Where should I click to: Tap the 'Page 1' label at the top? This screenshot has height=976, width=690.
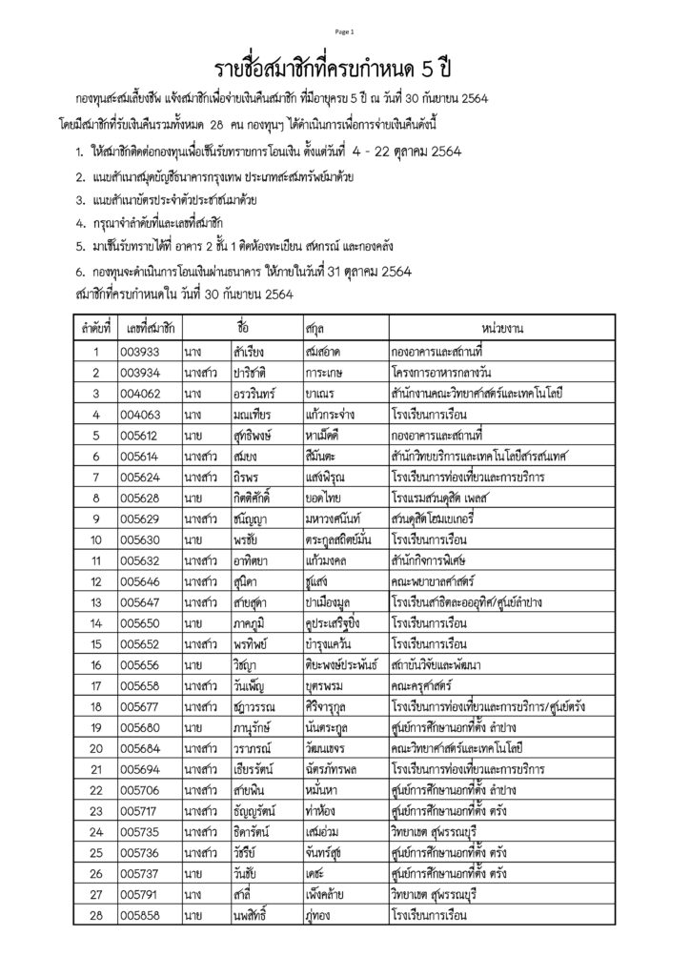click(x=344, y=32)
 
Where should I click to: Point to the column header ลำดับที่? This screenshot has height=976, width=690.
click(x=96, y=329)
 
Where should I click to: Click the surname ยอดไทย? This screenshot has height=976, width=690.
click(x=326, y=498)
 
